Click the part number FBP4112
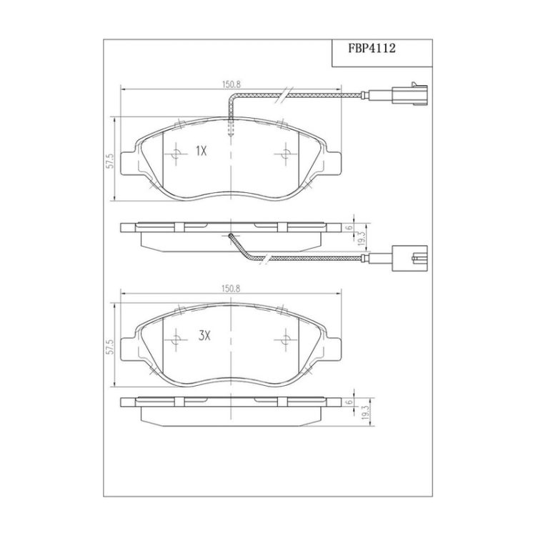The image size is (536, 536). (372, 48)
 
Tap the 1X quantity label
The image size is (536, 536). (202, 151)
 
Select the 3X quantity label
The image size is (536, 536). (204, 337)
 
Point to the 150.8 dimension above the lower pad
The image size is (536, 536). (231, 289)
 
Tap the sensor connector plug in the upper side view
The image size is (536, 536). (410, 259)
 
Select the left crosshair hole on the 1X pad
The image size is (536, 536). (176, 154)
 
